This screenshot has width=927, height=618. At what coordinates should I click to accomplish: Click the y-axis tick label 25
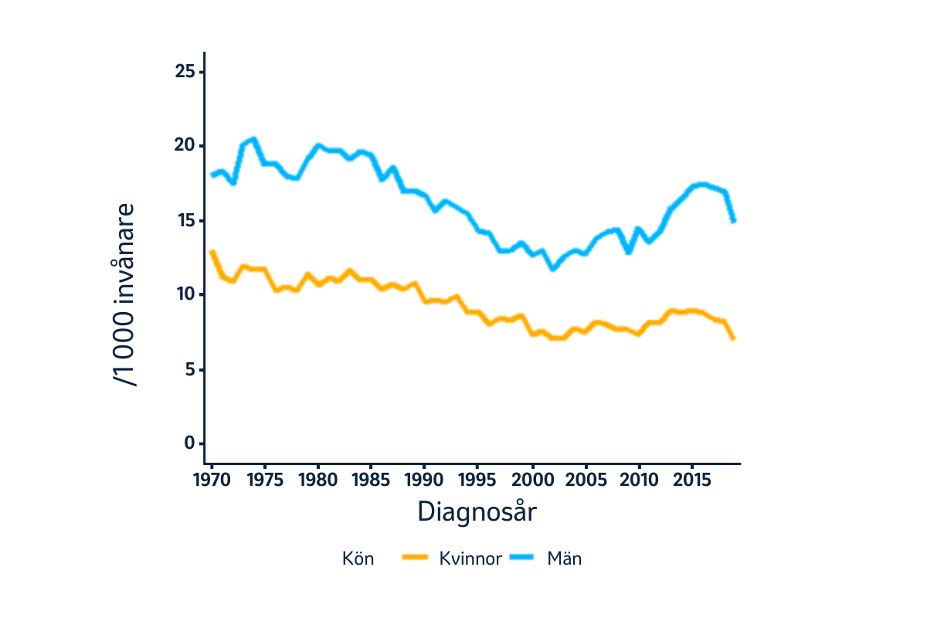186,73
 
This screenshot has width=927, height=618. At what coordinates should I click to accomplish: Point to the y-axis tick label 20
186,147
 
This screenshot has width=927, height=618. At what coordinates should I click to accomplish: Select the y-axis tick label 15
186,221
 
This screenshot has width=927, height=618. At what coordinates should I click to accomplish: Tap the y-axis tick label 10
186,295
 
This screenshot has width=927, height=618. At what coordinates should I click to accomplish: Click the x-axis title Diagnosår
477,512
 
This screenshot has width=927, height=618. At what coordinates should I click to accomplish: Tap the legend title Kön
358,559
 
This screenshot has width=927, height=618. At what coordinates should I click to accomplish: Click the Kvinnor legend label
471,559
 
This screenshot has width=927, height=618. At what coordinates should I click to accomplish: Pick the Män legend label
564,559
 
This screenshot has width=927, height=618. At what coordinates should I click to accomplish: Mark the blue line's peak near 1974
253,139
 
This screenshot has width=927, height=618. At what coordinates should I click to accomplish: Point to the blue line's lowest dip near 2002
552,268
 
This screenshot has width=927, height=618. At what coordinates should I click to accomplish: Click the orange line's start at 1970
212,252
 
